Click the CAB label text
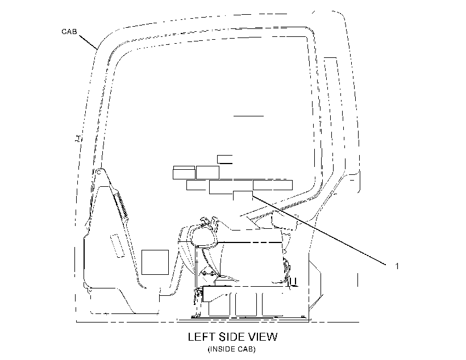tap(69, 31)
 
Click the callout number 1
tap(397, 266)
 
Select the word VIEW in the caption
tap(263, 337)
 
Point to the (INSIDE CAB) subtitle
tap(231, 349)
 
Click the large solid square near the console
tap(155, 262)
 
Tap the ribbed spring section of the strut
tap(120, 204)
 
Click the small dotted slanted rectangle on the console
tap(117, 246)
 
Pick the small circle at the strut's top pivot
tap(99, 172)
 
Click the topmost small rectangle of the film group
tap(224, 159)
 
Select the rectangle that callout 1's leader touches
tap(243, 196)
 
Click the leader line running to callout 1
tap(319, 230)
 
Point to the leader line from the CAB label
tap(88, 42)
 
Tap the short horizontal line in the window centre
tap(248, 116)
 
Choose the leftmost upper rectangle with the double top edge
tap(184, 173)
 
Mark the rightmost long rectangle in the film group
tap(273, 185)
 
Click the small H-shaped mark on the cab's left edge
tap(78, 139)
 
